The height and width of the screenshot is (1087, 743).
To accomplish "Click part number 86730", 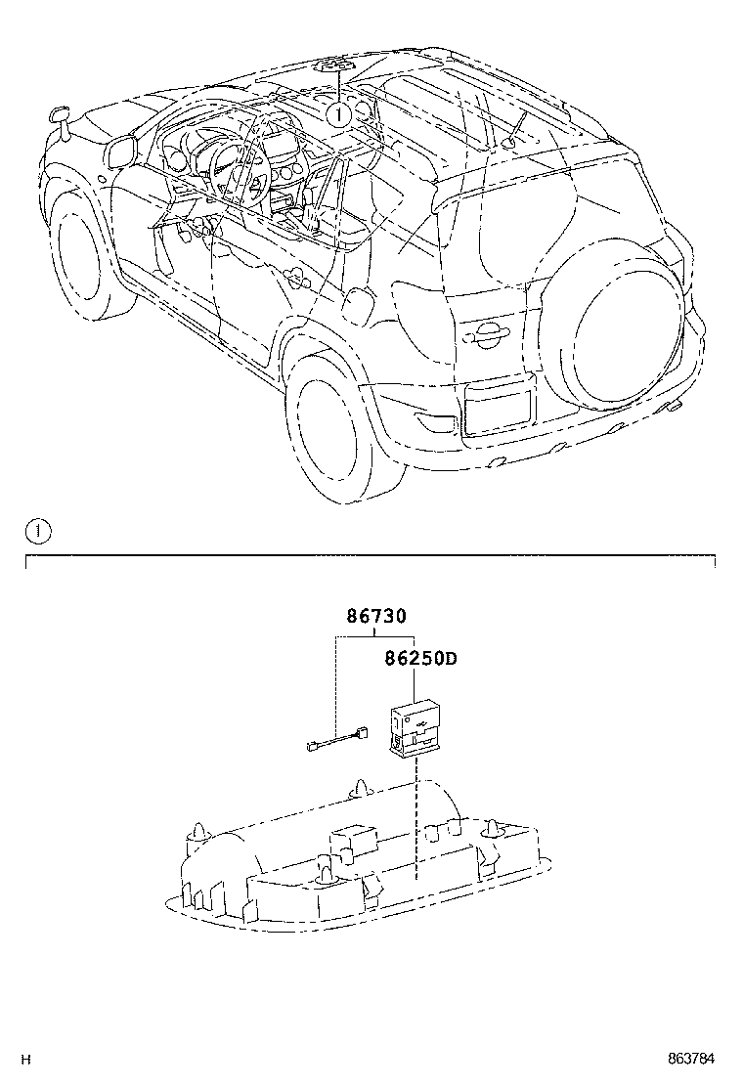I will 376,617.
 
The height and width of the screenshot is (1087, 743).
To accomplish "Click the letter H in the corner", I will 27,1060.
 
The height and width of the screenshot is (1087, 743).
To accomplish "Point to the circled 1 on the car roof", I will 338,114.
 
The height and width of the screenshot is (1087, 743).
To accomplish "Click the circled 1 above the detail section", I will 37,532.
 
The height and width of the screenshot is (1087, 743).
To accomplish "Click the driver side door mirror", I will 122,152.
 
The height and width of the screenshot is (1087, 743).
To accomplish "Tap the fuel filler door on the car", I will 358,304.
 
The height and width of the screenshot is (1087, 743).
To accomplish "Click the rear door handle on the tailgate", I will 486,337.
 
